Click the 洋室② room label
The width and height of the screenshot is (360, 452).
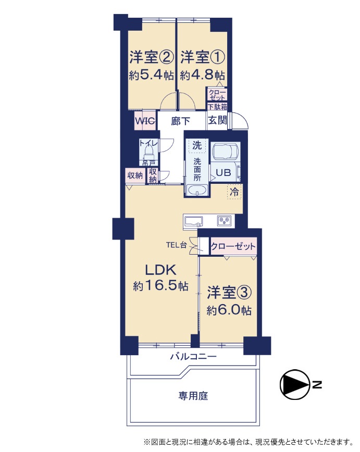click(x=152, y=57)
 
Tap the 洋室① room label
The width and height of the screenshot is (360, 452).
click(x=203, y=57)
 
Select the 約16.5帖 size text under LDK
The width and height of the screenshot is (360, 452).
click(x=160, y=286)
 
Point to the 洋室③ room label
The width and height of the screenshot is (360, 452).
click(x=229, y=293)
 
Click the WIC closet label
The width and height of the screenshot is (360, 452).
click(x=146, y=120)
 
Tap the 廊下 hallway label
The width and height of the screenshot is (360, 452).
click(x=181, y=121)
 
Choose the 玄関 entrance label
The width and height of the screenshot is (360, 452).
click(x=217, y=120)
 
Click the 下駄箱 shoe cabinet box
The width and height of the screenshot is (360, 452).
click(x=217, y=107)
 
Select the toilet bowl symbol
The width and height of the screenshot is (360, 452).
click(x=149, y=153)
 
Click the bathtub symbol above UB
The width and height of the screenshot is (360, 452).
click(x=225, y=152)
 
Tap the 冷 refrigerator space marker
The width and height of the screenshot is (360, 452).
click(x=234, y=192)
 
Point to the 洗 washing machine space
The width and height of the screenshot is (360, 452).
click(x=197, y=145)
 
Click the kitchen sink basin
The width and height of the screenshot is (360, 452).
click(x=193, y=222)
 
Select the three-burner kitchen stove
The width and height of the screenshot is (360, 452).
click(x=224, y=221)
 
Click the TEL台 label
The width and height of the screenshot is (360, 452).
click(x=176, y=245)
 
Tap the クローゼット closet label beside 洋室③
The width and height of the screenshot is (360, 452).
click(x=233, y=246)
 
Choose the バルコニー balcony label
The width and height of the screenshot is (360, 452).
click(x=193, y=357)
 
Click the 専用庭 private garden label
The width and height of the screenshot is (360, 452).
click(x=193, y=396)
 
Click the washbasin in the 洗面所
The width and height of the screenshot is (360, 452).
click(x=197, y=191)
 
